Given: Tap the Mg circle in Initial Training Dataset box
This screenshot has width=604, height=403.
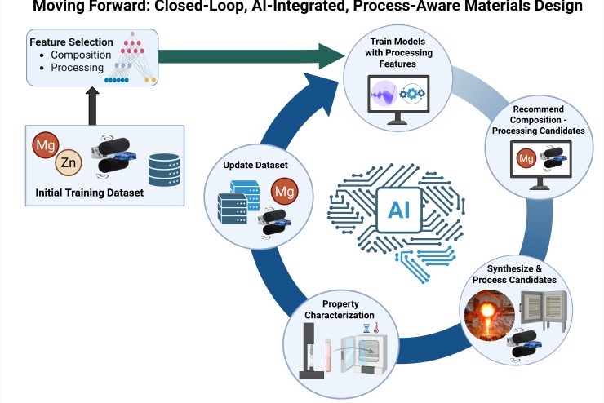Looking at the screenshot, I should [x=46, y=148].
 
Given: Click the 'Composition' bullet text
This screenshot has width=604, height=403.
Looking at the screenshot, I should [x=69, y=54].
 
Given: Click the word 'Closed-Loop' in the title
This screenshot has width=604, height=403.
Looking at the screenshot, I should [x=229, y=7].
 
